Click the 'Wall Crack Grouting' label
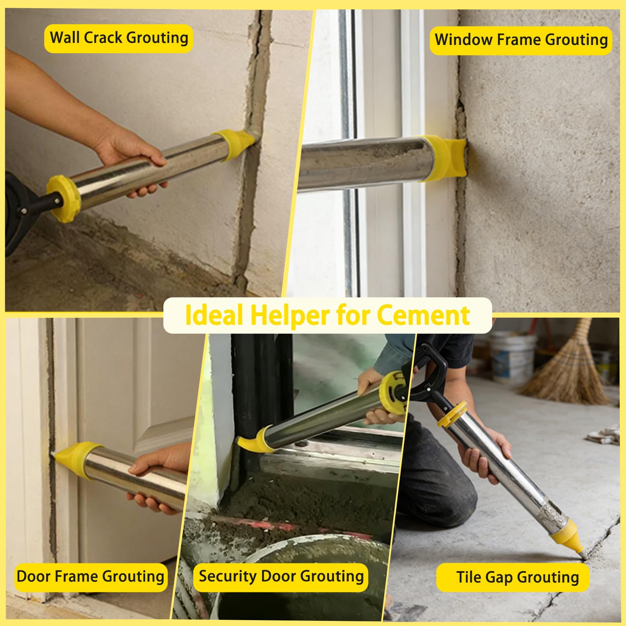119,38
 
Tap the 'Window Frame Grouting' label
521,40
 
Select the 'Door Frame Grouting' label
90,577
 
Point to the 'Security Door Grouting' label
281,577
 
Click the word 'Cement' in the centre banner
423,315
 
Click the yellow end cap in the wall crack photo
63,198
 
